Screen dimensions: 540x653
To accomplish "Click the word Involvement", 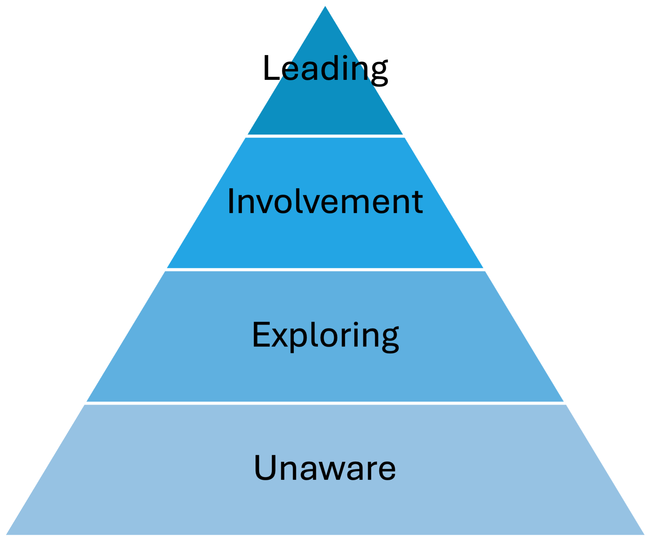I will point(325,201).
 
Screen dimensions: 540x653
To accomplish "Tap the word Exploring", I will point(325,335).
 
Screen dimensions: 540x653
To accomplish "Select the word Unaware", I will point(325,468).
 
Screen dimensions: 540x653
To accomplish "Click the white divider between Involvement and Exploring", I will point(325,269).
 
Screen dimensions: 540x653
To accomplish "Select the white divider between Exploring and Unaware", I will point(325,402).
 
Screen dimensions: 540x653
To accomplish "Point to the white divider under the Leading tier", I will point(325,136).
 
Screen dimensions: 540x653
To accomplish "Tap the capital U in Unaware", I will point(266,468).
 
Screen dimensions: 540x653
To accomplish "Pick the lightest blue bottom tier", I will point(325,509).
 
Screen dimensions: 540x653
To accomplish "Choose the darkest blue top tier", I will point(325,109).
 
